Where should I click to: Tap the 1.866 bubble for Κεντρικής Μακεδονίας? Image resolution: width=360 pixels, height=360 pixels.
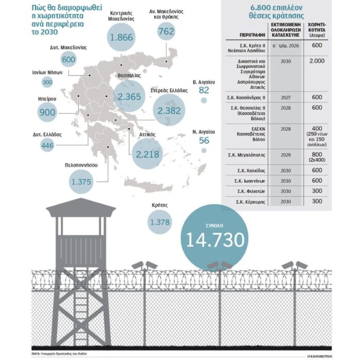(123, 40)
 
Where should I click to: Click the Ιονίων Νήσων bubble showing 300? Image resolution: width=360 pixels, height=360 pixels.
(48, 83)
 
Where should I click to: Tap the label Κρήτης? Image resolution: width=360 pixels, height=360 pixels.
(160, 205)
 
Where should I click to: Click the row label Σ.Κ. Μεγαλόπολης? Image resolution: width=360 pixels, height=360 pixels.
(246, 155)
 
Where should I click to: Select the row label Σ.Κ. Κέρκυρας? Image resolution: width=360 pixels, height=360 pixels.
(247, 202)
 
